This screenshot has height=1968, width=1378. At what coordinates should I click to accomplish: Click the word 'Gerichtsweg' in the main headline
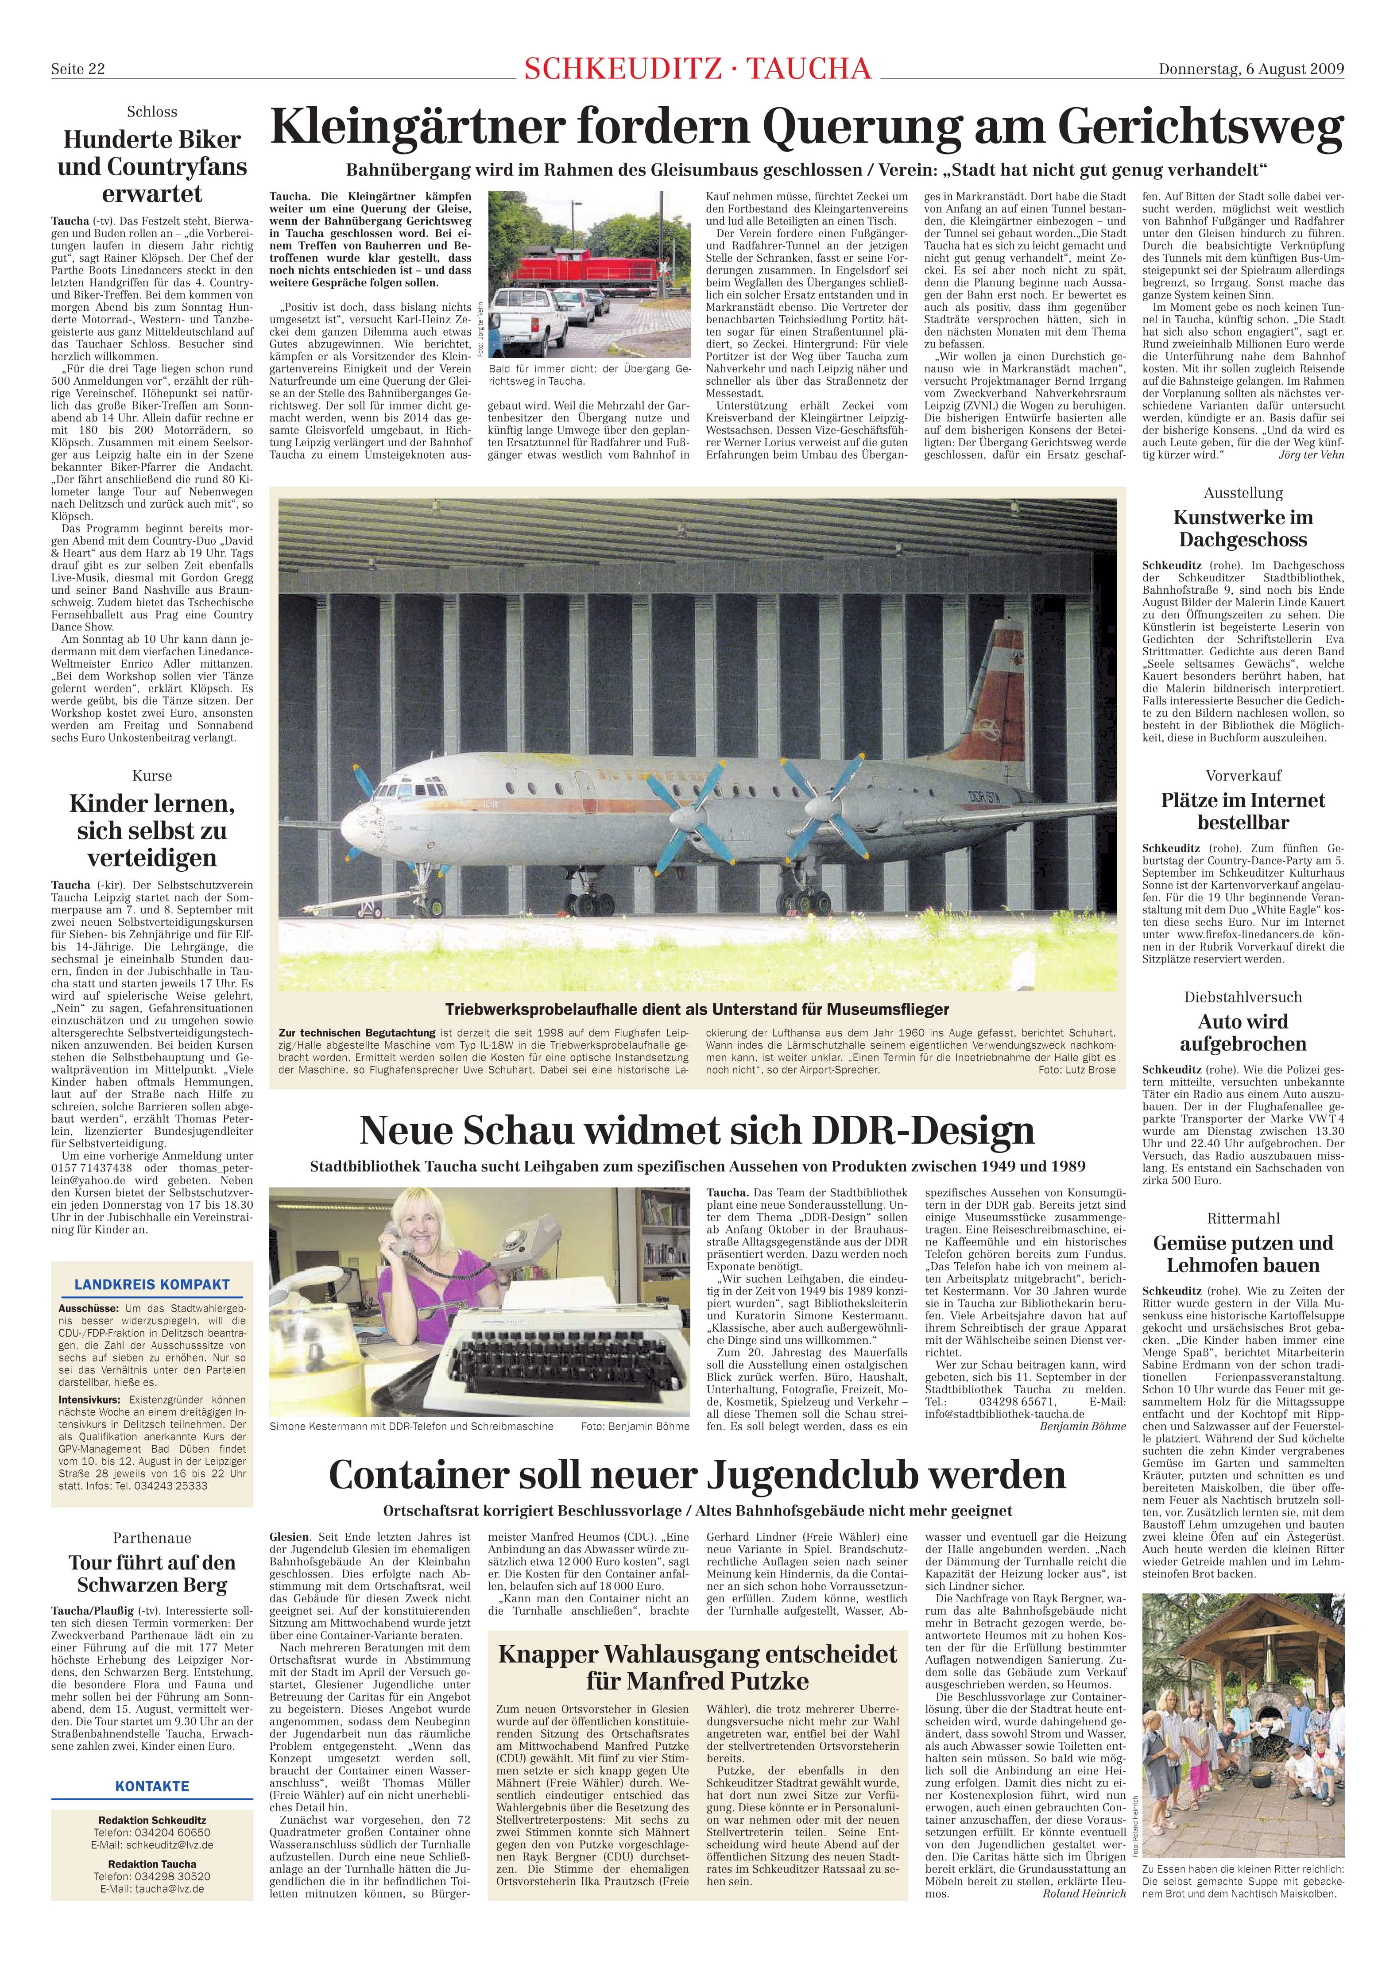pyautogui.click(x=1199, y=128)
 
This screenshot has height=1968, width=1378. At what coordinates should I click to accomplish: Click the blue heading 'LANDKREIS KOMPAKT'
pyautogui.click(x=152, y=1284)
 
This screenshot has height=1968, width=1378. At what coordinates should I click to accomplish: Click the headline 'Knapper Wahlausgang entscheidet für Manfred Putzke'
pyautogui.click(x=697, y=1667)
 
